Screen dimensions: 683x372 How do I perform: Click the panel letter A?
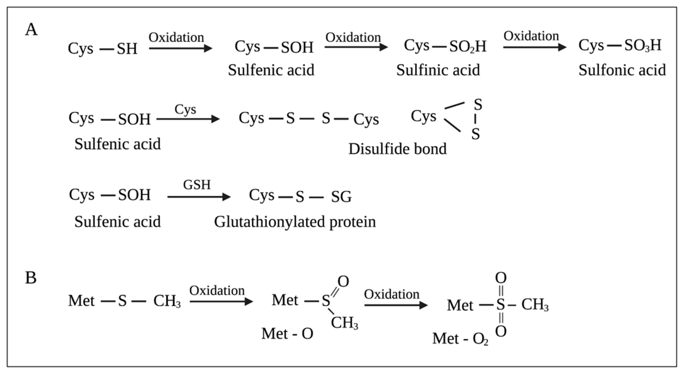pyautogui.click(x=31, y=30)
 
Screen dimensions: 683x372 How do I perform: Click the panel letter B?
pyautogui.click(x=31, y=278)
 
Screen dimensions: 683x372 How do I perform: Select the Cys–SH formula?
pyautogui.click(x=103, y=49)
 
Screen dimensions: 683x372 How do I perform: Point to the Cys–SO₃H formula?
pyautogui.click(x=620, y=46)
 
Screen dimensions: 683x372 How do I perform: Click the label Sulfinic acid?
pyautogui.click(x=438, y=70)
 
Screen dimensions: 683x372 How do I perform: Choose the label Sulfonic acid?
pyautogui.click(x=622, y=70)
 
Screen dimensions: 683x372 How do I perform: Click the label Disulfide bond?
pyautogui.click(x=397, y=149)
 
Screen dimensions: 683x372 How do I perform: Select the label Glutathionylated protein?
pyautogui.click(x=295, y=222)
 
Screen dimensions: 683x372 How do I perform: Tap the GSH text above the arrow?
pyautogui.click(x=197, y=185)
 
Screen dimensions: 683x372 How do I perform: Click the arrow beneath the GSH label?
pyautogui.click(x=199, y=197)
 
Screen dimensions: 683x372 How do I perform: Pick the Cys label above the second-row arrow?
pyautogui.click(x=185, y=109)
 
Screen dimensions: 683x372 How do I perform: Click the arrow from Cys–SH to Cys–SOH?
pyautogui.click(x=181, y=48)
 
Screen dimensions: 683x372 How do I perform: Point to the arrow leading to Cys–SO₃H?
pyautogui.click(x=534, y=47)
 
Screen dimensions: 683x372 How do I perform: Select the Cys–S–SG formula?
pyautogui.click(x=300, y=196)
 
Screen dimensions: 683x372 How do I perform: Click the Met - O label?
pyautogui.click(x=287, y=333)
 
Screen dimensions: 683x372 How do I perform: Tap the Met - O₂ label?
pyautogui.click(x=460, y=339)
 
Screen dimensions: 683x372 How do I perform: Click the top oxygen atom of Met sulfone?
pyautogui.click(x=501, y=278)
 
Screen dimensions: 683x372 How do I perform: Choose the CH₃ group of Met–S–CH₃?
pyautogui.click(x=167, y=301)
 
